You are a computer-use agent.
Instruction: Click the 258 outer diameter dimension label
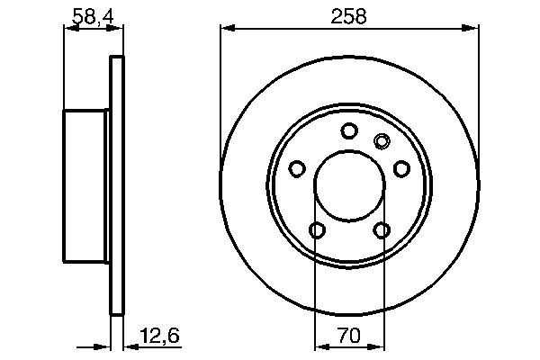(x=347, y=15)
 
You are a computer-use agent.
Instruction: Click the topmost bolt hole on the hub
(x=348, y=131)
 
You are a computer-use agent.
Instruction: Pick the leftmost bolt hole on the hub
(x=296, y=168)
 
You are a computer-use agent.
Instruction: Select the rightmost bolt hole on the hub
(x=400, y=168)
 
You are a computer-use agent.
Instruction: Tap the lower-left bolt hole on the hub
(x=316, y=230)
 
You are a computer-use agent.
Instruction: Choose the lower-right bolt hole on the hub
(x=381, y=230)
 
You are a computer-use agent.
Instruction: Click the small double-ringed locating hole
(x=381, y=139)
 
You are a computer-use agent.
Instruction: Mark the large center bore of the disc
(x=348, y=184)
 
